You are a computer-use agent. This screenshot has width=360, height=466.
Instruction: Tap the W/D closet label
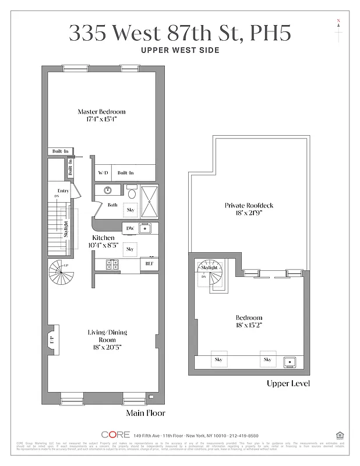coord(103,173)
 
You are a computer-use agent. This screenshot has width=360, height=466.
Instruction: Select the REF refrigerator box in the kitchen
coord(150,264)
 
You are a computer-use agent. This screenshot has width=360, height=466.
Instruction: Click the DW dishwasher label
coord(130,228)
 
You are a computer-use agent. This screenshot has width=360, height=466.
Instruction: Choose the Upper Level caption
coord(288,383)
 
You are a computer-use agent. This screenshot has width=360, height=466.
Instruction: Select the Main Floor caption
coord(146,413)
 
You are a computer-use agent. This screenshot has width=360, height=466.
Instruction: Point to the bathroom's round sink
coord(107,190)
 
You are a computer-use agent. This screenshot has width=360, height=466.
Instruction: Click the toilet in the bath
coord(131,194)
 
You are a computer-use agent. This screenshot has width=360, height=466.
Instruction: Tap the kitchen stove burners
coord(112,264)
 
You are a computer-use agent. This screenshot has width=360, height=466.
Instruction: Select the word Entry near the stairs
coord(63,191)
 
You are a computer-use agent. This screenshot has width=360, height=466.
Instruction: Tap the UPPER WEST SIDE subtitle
coord(180,50)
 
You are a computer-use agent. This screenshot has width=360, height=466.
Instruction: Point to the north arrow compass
coord(338,29)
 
